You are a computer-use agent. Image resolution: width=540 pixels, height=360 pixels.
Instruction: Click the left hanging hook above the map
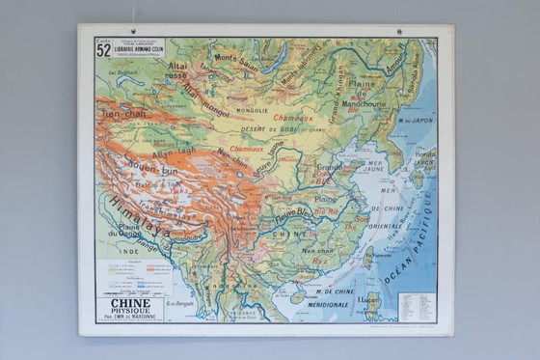coord(135,32)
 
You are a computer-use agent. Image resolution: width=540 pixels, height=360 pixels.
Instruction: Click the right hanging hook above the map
coord(398,32)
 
